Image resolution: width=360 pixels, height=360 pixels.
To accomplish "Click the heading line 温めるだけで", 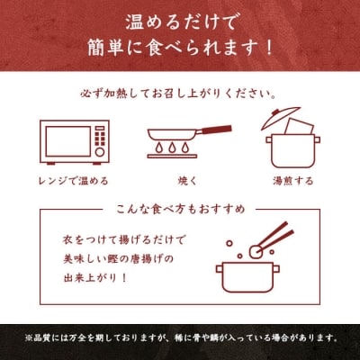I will tap(180, 19).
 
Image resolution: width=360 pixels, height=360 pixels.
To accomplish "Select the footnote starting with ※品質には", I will tap(180, 339).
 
